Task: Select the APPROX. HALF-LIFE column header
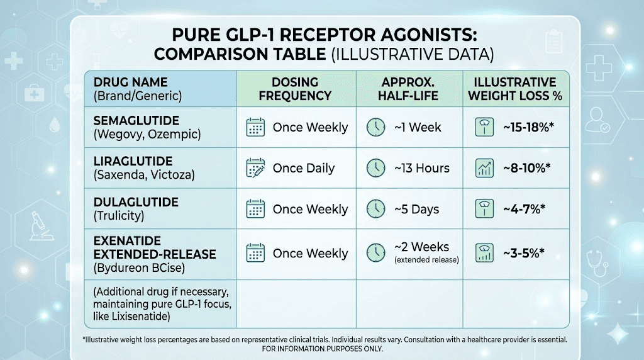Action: (409, 89)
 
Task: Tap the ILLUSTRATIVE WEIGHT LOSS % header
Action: (516, 89)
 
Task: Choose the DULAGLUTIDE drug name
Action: (136, 203)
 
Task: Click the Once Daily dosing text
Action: (303, 168)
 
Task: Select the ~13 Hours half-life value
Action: (421, 168)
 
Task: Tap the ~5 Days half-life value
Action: (416, 209)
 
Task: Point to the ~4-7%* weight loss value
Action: (523, 209)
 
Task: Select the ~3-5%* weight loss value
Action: (523, 253)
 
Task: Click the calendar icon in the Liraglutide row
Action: (255, 168)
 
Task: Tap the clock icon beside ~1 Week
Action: (375, 127)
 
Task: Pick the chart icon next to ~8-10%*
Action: (485, 168)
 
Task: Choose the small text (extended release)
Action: (426, 259)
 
